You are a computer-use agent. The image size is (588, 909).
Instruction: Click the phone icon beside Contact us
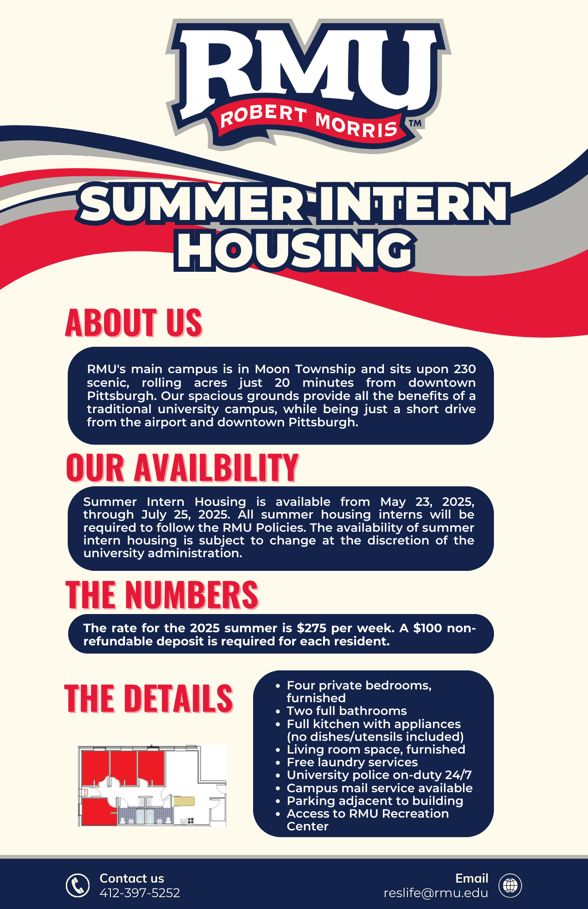point(78,885)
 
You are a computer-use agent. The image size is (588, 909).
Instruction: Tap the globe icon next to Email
point(510,885)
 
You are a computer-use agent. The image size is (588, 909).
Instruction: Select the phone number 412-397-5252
point(140,893)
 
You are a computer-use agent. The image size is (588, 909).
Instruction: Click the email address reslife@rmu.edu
point(436,893)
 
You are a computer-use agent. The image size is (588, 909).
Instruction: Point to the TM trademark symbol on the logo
point(415,123)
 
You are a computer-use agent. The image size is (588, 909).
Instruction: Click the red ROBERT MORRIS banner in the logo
point(309,122)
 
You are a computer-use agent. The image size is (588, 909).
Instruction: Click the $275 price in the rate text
point(312,628)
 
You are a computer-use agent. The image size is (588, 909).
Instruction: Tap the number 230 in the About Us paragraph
point(464,369)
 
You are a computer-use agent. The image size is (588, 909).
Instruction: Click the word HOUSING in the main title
point(295,250)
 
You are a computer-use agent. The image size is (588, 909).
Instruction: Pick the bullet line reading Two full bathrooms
point(347,711)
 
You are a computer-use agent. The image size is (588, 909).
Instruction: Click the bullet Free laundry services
point(352,762)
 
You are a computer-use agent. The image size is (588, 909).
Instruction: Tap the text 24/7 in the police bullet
point(458,775)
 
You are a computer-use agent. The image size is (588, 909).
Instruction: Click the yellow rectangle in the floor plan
point(184,801)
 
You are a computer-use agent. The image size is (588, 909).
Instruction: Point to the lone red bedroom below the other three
point(98,811)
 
